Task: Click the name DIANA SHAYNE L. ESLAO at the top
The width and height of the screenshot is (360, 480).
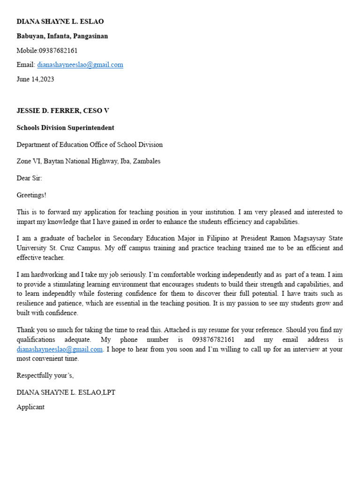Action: [x=60, y=22]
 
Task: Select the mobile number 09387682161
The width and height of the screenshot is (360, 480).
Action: [x=58, y=51]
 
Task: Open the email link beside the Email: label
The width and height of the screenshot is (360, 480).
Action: [x=80, y=65]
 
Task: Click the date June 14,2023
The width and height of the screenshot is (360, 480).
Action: [x=35, y=79]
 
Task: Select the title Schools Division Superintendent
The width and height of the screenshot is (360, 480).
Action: [x=65, y=128]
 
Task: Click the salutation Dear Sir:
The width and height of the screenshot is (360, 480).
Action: [x=29, y=178]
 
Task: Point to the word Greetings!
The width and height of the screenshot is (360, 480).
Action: [x=31, y=195]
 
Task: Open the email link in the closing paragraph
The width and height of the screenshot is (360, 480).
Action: [x=60, y=349]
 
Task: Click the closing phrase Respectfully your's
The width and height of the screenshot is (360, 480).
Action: [x=45, y=375]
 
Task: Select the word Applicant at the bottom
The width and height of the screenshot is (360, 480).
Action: [x=30, y=407]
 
